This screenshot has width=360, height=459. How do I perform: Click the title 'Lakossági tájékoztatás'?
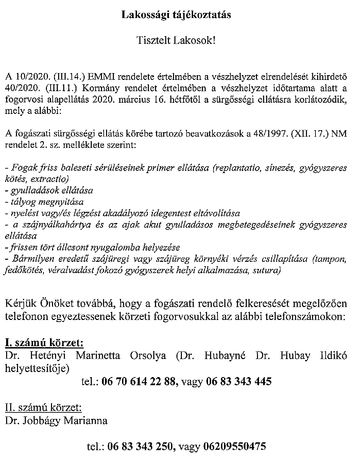point(176,15)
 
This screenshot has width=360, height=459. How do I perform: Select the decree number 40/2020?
point(22,88)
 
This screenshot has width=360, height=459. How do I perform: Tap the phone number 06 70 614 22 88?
point(140,381)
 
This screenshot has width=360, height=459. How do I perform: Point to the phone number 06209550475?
point(234,446)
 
